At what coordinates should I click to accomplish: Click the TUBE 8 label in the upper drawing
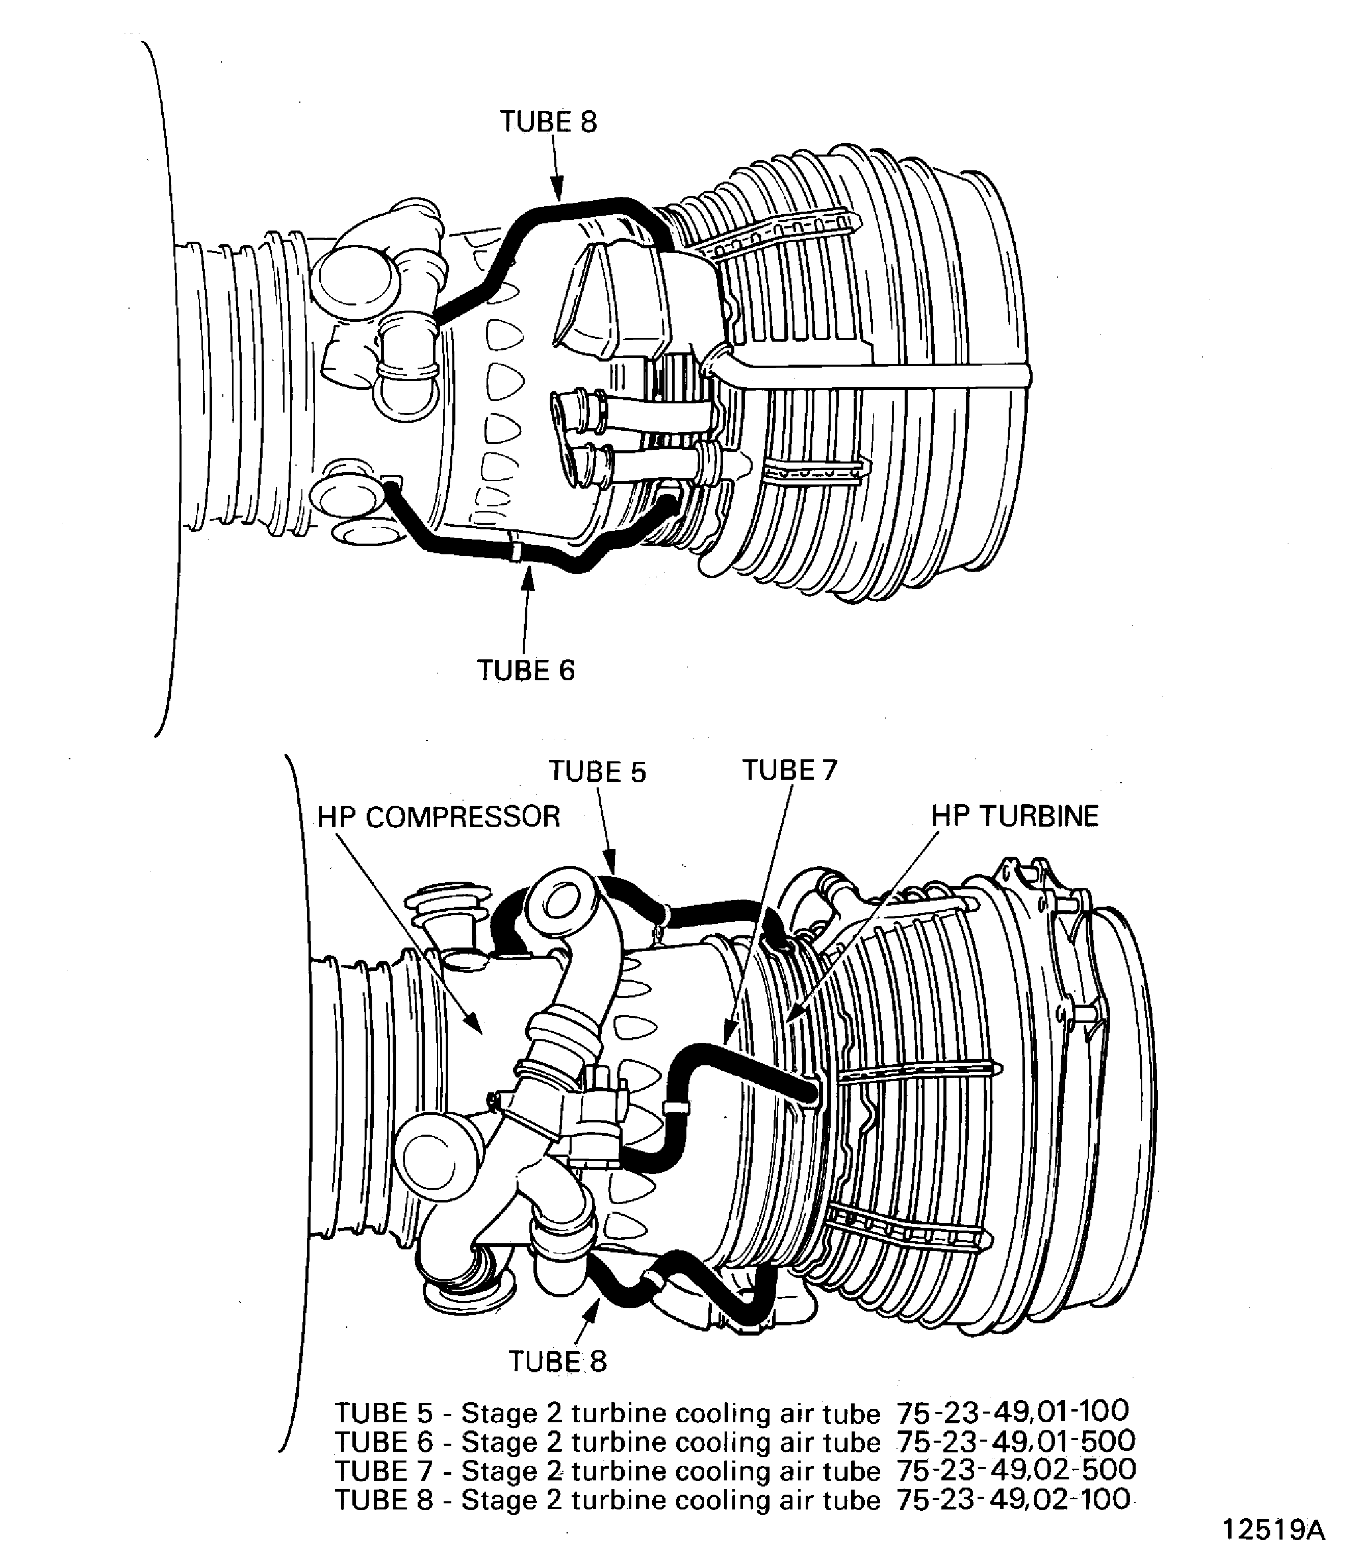[548, 122]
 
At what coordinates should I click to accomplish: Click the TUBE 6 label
[526, 670]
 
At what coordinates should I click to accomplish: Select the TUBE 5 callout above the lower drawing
[597, 772]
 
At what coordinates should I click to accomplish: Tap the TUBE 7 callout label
[789, 770]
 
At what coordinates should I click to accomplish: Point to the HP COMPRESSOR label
[438, 816]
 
